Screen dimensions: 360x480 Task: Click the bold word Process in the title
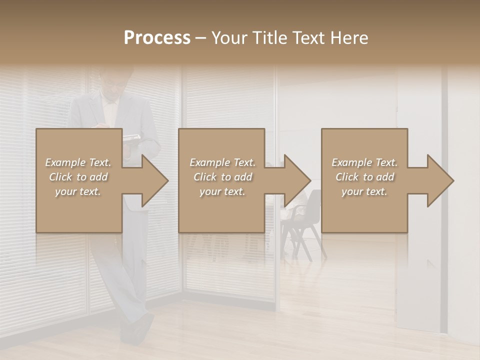pyautogui.click(x=157, y=38)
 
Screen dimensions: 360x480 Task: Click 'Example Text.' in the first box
pyautogui.click(x=78, y=162)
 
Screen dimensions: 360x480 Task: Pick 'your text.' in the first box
pyautogui.click(x=78, y=191)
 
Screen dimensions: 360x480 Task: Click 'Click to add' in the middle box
pyautogui.click(x=222, y=177)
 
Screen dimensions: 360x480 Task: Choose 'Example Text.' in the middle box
pyautogui.click(x=222, y=162)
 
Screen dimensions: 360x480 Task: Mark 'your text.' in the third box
pyautogui.click(x=364, y=191)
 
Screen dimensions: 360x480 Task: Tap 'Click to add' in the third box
pyautogui.click(x=364, y=177)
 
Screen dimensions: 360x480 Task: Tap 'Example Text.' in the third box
pyautogui.click(x=364, y=162)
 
